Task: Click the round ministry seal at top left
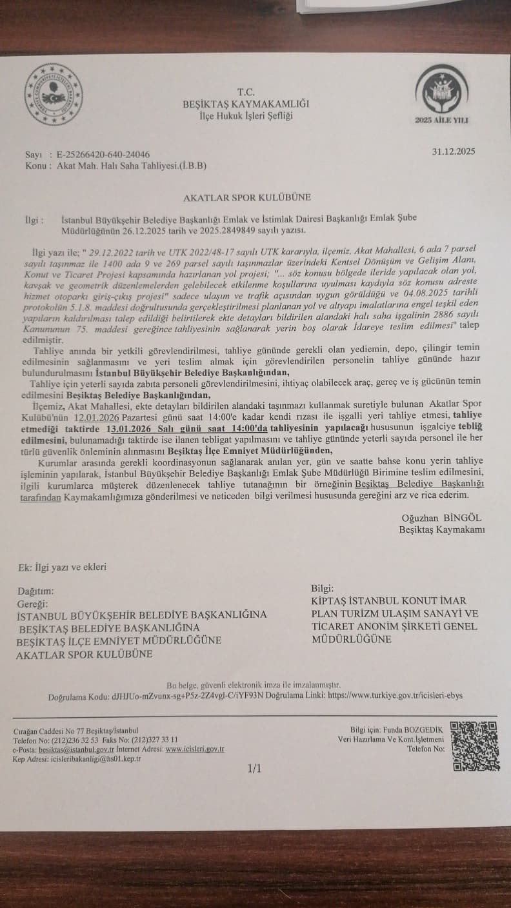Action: click(54, 95)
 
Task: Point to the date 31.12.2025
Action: click(454, 152)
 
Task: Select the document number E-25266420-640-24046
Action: click(103, 155)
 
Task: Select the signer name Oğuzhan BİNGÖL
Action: click(441, 518)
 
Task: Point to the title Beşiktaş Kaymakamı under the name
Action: click(442, 529)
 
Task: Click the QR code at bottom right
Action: click(474, 745)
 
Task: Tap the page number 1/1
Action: click(254, 768)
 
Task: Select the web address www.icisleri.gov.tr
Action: click(194, 749)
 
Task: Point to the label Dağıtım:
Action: click(36, 591)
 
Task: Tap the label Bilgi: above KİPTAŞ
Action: click(322, 588)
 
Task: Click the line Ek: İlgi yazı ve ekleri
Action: click(62, 567)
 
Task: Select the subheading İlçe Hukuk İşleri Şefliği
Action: click(246, 116)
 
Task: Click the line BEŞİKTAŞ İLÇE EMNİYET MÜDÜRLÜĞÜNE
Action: click(119, 640)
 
